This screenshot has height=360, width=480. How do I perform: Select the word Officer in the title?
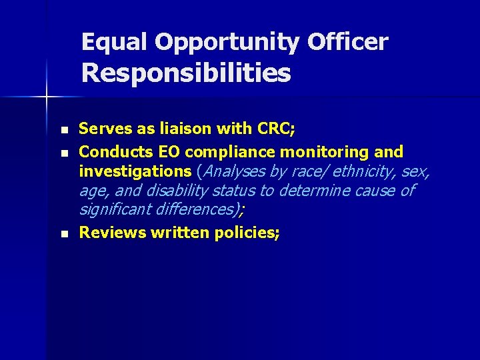347,43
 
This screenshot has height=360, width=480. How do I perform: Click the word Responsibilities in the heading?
186,73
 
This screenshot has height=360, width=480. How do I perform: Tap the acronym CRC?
269,129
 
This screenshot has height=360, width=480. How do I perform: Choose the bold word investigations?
135,171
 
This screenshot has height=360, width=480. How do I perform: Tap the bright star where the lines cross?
47,97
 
